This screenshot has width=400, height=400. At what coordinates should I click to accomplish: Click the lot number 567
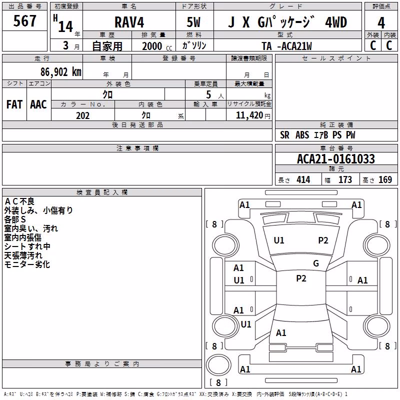point(24,20)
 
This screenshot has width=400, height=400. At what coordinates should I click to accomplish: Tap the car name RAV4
point(129,22)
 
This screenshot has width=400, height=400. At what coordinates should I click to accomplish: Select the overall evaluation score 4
point(381,22)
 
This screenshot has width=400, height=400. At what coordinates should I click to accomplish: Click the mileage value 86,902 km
point(60,72)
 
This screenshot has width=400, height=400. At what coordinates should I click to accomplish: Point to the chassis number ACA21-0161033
point(335,159)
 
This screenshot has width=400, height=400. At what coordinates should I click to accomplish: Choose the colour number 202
point(82,115)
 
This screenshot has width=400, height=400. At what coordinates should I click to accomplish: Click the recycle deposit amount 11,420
point(249,115)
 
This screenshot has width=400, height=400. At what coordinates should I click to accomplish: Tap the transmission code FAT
point(14,104)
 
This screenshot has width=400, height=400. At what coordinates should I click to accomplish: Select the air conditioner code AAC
point(38,104)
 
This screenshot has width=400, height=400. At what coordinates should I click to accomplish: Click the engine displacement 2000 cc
point(157,46)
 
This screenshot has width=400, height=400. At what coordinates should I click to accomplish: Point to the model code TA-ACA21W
point(286,46)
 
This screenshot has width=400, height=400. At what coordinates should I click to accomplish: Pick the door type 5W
point(193,22)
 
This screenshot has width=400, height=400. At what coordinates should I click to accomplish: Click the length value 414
point(303,179)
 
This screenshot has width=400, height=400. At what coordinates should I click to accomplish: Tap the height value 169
point(385,179)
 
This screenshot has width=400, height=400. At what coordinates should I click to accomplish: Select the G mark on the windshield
point(316,263)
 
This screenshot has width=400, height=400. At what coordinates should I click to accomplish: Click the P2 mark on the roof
point(301,278)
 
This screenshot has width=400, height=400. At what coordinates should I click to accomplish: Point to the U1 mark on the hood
point(279,240)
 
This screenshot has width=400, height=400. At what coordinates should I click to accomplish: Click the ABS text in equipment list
point(302,135)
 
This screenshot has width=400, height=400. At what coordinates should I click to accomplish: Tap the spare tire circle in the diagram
point(218,365)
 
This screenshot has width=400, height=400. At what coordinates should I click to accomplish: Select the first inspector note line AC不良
point(19,201)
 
